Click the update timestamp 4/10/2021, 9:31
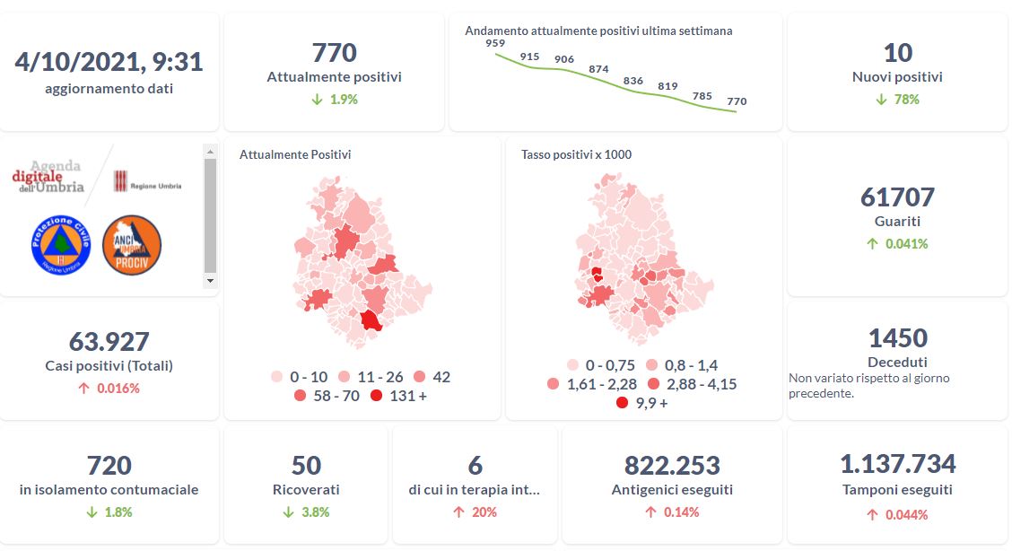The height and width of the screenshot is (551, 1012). click(109, 62)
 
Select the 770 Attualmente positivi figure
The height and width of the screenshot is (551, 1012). click(334, 53)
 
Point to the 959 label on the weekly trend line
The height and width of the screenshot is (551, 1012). click(493, 43)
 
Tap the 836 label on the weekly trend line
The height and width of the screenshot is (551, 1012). click(633, 81)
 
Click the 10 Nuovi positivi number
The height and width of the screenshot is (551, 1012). click(897, 53)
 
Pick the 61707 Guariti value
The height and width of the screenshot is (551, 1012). click(897, 197)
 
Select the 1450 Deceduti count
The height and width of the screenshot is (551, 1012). click(897, 338)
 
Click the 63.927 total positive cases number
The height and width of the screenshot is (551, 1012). click(109, 342)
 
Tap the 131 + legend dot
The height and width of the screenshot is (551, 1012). click(376, 396)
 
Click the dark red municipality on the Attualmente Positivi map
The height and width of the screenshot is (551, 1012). click(371, 321)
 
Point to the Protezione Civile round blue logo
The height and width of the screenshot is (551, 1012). click(61, 245)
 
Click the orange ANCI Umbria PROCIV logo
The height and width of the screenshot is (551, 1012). click(132, 245)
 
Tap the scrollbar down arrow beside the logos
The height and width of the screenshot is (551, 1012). click(210, 281)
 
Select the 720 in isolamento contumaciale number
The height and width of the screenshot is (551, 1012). click(109, 466)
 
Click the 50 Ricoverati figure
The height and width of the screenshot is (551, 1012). click(306, 466)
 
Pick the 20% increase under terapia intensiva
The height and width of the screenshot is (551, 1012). click(475, 512)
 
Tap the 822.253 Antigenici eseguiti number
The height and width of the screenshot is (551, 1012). click(672, 466)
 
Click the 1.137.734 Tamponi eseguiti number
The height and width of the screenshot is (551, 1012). click(897, 464)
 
